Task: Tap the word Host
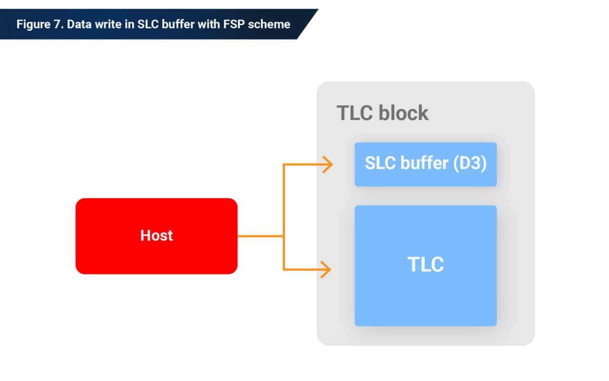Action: click(x=156, y=236)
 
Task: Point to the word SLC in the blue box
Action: click(x=380, y=164)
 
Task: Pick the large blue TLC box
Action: click(x=425, y=295)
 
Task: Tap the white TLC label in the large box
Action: click(x=425, y=265)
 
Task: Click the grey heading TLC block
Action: click(x=382, y=113)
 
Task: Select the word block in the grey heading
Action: click(x=403, y=113)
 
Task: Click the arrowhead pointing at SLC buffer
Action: click(x=327, y=164)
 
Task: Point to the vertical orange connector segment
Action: click(x=284, y=205)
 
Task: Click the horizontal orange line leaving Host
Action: click(x=260, y=236)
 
